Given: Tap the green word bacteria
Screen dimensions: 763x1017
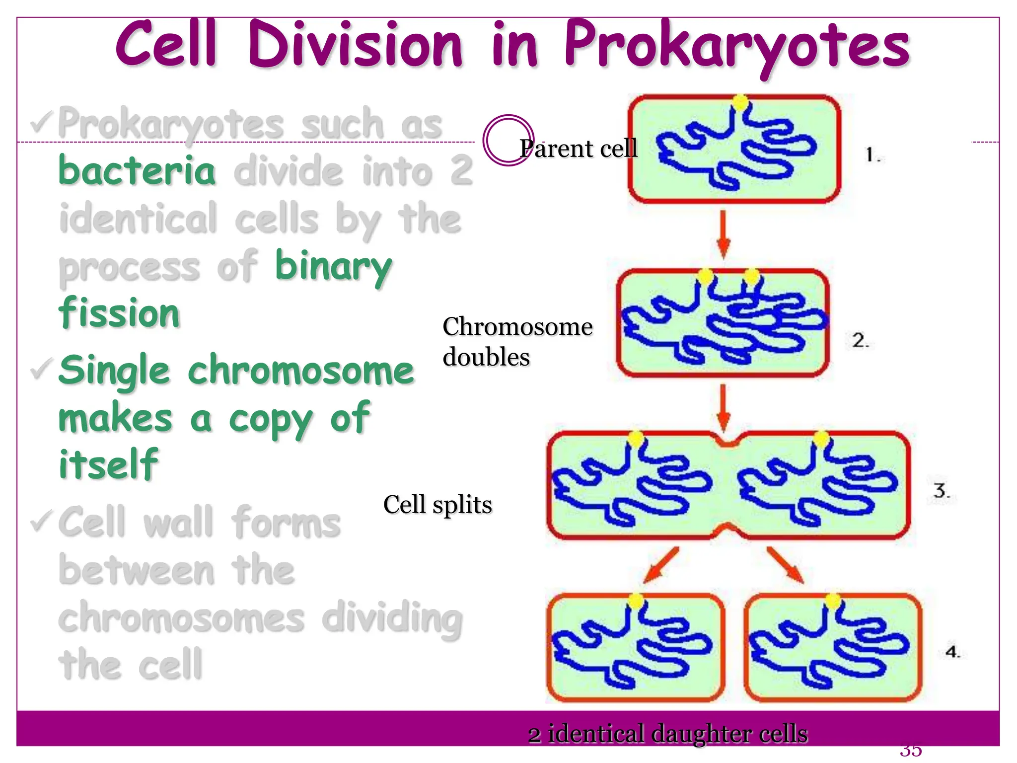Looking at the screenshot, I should coord(137,170).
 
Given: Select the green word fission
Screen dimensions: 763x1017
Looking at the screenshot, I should coord(119,313).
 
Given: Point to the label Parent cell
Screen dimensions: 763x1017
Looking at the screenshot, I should coord(579,148).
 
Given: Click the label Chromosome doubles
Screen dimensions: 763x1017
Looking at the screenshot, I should coord(516,341).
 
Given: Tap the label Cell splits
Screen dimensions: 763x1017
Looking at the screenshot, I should coord(437,504).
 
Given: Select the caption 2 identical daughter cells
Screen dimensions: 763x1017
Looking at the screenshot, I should coord(668,734).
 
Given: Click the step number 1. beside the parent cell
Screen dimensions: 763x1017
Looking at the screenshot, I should coord(872,155).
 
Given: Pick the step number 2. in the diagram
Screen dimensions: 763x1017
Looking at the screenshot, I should coord(861,340).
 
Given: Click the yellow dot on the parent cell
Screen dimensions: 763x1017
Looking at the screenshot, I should coord(740,103).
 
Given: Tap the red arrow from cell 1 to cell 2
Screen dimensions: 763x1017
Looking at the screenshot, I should coord(724,233).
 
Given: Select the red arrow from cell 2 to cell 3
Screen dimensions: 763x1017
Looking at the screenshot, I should coord(724,407).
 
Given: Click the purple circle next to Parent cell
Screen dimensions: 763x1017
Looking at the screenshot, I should coord(508,140).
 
